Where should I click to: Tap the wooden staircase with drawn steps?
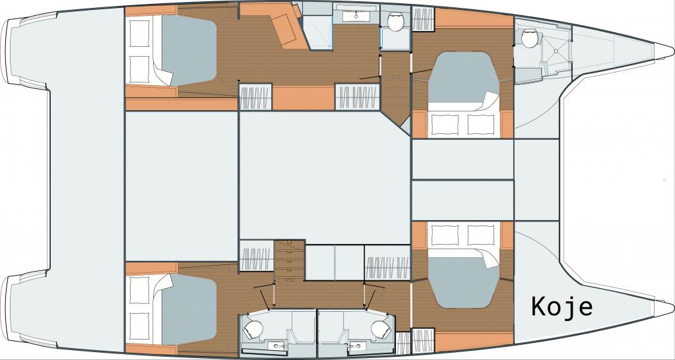pyautogui.click(x=289, y=260)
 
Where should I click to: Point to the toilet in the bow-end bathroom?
pyautogui.click(x=530, y=39)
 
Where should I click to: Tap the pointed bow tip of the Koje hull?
pyautogui.click(x=673, y=307)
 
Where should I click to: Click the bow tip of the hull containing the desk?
pyautogui.click(x=673, y=50)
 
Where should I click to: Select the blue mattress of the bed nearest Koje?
pyautogui.click(x=463, y=282)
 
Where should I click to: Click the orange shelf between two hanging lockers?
pyautogui.click(x=304, y=98)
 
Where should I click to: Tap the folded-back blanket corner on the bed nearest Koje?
pyautogui.click(x=491, y=259)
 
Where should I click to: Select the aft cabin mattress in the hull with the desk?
pyautogui.click(x=189, y=50)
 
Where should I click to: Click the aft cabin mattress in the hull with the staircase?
pyautogui.click(x=189, y=310)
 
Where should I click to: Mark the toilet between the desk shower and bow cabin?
pyautogui.click(x=395, y=22)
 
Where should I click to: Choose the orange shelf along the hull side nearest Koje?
pyautogui.click(x=474, y=341)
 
